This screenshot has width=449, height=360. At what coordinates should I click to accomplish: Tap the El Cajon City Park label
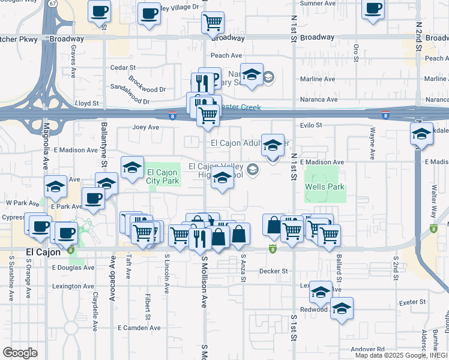[162, 176]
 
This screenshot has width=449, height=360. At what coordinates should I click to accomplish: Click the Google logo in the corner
[20, 353]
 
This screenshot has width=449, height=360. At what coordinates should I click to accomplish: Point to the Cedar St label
[123, 68]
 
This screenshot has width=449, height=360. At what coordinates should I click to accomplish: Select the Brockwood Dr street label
[146, 82]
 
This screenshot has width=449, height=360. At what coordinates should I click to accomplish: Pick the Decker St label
[274, 271]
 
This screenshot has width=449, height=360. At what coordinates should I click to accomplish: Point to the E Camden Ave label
[139, 328]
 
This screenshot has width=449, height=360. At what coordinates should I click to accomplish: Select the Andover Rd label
[368, 349]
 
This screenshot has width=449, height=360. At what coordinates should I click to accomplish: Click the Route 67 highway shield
[53, 4]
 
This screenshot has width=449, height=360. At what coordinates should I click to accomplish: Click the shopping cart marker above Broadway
[212, 23]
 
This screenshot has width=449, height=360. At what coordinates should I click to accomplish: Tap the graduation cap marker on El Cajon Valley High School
[222, 179]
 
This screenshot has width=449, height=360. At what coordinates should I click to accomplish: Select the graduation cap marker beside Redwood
[342, 308]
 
